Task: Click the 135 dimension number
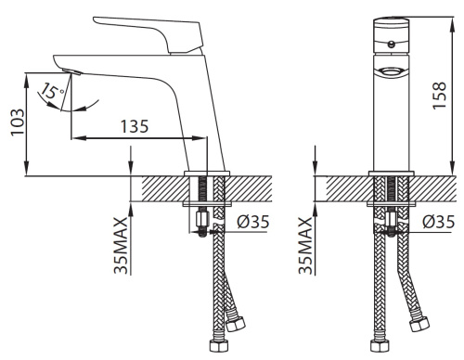click(x=135, y=126)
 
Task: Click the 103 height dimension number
click(x=18, y=122)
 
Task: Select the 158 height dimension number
click(x=439, y=96)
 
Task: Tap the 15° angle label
click(x=53, y=92)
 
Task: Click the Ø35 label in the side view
click(x=253, y=222)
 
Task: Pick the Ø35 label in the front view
click(x=439, y=222)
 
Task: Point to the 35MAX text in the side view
click(x=121, y=246)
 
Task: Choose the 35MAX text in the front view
click(x=305, y=246)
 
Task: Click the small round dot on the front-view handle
click(x=392, y=45)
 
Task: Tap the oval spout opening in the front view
click(x=391, y=71)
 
